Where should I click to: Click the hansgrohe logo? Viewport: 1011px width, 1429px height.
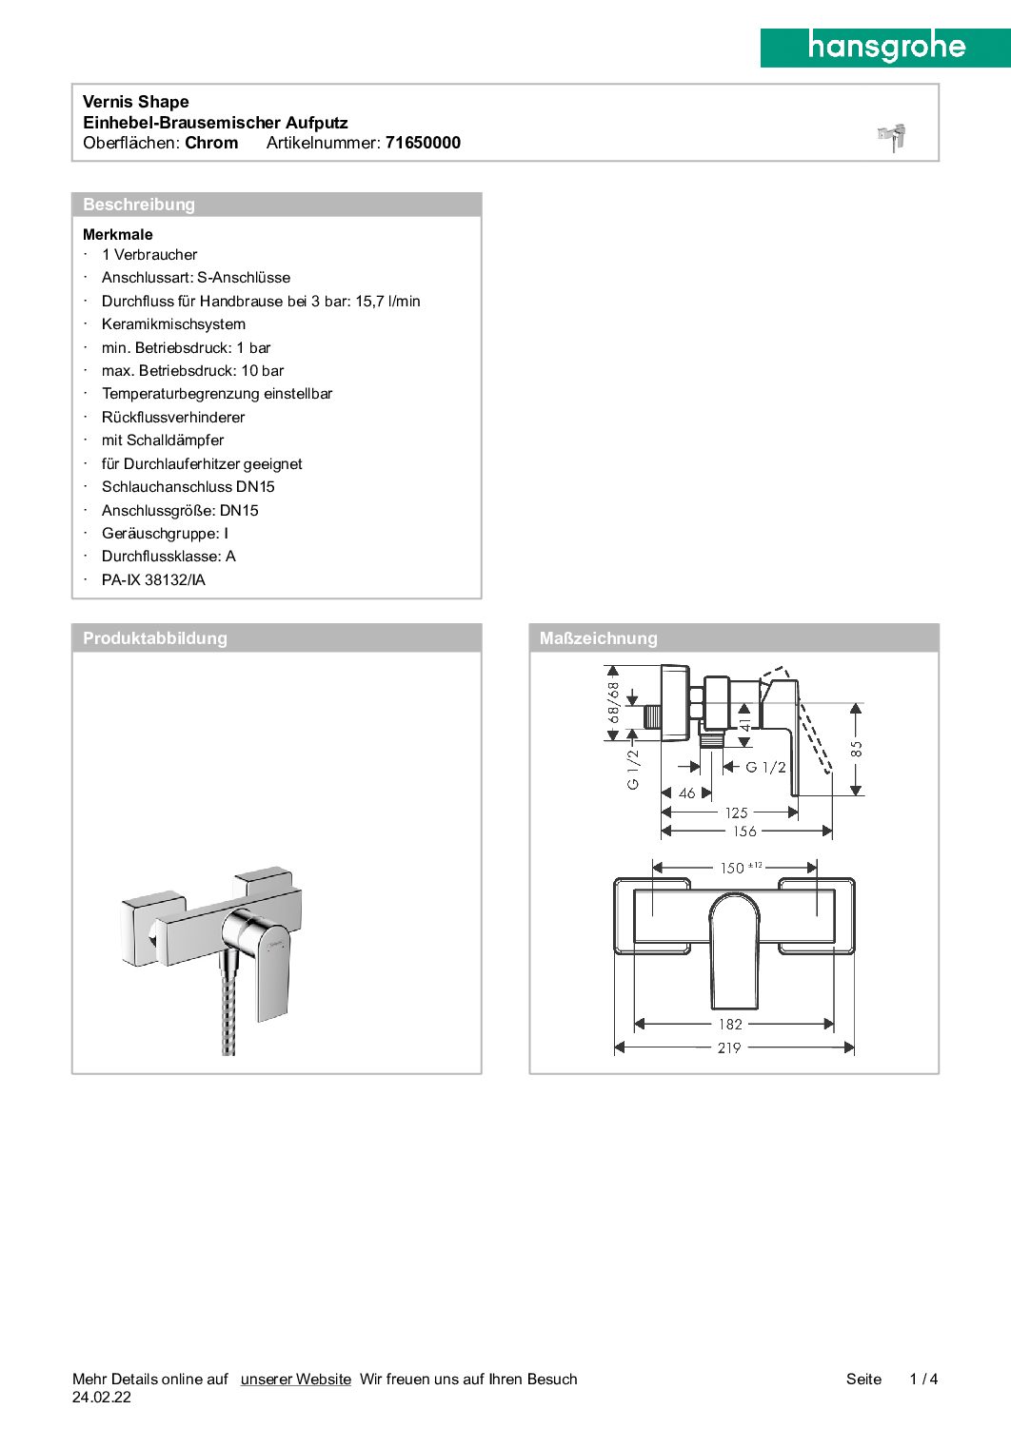click(x=885, y=47)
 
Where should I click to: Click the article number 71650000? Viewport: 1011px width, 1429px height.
click(x=423, y=143)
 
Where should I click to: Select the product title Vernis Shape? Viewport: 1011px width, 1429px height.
click(x=136, y=102)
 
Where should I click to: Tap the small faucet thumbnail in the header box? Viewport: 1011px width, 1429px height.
click(x=892, y=137)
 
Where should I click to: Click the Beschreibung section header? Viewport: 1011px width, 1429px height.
click(x=139, y=205)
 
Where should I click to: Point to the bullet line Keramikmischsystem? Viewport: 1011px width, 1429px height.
click(x=173, y=324)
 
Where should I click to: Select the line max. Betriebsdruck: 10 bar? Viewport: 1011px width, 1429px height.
click(x=192, y=371)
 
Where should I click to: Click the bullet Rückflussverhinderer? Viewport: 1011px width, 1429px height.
click(x=173, y=418)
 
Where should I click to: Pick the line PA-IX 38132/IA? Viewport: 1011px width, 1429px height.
click(x=153, y=580)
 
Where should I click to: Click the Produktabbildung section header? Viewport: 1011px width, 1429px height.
click(x=155, y=638)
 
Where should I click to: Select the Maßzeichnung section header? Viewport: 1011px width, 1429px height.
click(x=598, y=638)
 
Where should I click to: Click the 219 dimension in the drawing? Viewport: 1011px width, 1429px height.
click(x=729, y=1047)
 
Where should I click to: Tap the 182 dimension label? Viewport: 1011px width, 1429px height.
click(x=730, y=1025)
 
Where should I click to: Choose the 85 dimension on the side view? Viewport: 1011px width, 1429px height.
click(x=857, y=749)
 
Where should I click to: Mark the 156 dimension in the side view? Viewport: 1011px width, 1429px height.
click(x=744, y=832)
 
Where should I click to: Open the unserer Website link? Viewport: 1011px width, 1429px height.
click(x=295, y=1379)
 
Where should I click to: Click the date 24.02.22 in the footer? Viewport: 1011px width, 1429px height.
click(x=102, y=1398)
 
